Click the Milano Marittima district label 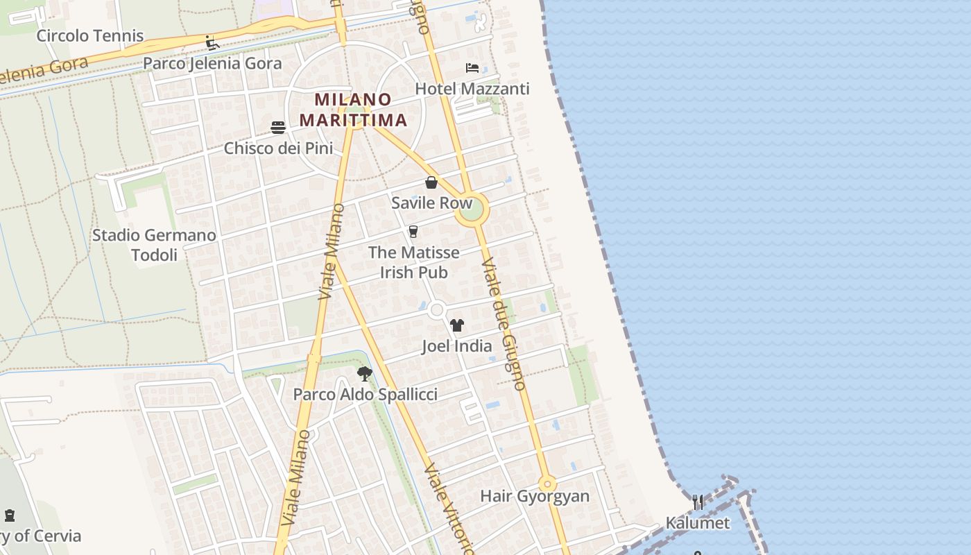pos(353,110)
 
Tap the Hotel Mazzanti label pos(472,89)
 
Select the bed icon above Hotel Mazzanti pos(472,68)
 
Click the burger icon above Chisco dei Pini pos(278,127)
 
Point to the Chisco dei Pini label pos(278,148)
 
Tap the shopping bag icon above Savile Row pos(431,182)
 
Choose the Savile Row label pos(431,203)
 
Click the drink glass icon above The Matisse pos(413,231)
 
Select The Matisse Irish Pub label pos(413,262)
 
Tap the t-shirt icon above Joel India pos(456,325)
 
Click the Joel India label pos(456,345)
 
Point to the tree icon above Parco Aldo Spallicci pos(365,375)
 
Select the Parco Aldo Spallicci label pos(365,395)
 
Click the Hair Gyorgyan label pos(535,496)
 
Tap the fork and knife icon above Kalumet pos(698,502)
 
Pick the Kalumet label pos(698,523)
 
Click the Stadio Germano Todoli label pos(154,245)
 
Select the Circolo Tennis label pos(90,36)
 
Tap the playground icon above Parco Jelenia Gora pos(212,43)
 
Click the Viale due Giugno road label pos(504,325)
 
